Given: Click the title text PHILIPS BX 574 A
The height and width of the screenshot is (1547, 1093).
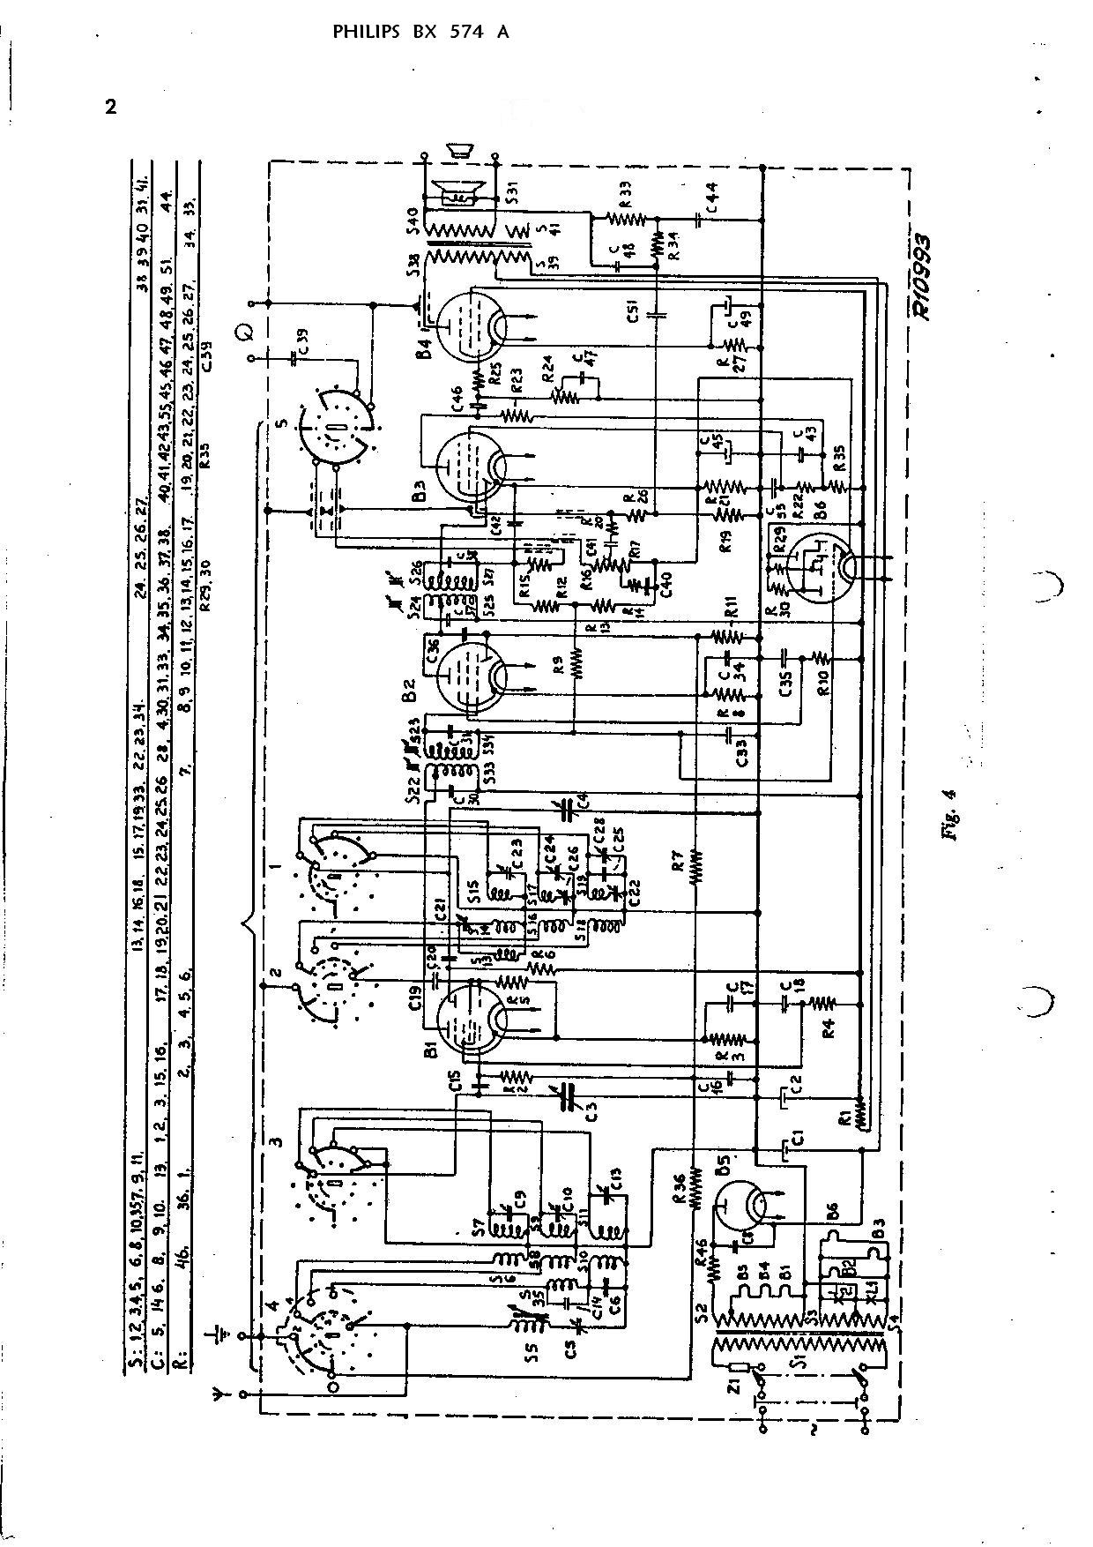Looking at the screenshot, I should click(420, 33).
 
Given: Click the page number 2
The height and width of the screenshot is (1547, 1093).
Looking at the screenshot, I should click(110, 108).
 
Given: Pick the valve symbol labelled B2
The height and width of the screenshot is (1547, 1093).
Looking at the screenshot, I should click(471, 675).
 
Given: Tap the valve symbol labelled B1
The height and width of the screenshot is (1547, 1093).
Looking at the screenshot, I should click(471, 1020).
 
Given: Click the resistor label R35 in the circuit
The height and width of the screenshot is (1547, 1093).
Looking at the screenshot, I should click(838, 457).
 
